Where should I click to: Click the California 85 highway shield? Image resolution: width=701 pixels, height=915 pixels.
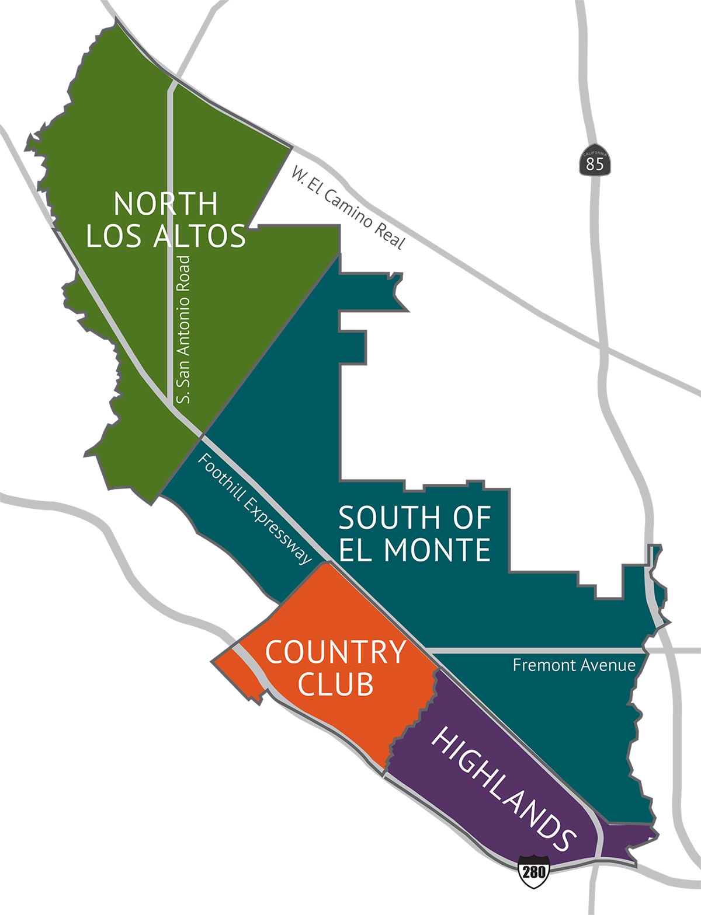[x=595, y=158]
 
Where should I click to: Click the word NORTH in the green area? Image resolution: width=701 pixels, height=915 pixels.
[x=166, y=204]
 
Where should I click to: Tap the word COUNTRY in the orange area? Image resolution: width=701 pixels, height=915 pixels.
[x=335, y=652]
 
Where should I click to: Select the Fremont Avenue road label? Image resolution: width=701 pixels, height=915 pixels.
[x=574, y=665]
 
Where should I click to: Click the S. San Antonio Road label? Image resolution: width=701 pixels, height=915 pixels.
[x=185, y=329]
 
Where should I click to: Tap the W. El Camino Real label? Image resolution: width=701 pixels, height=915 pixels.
[x=348, y=208]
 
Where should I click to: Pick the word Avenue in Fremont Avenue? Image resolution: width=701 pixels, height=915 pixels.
[x=607, y=665]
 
